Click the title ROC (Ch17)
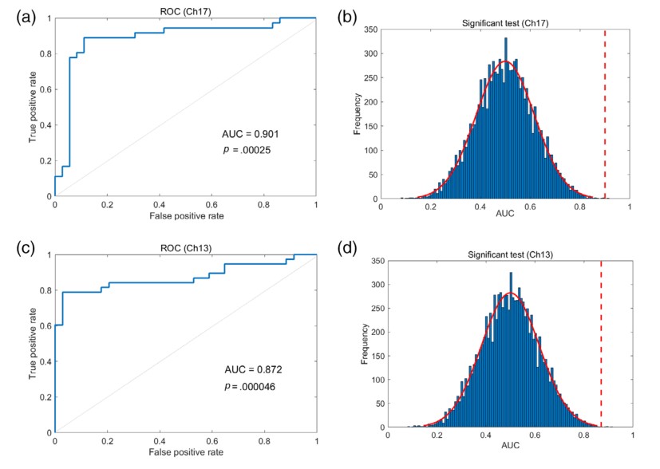(185, 9)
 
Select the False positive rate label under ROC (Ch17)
(185, 217)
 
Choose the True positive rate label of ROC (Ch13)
(33, 344)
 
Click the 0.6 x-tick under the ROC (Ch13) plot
(211, 440)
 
